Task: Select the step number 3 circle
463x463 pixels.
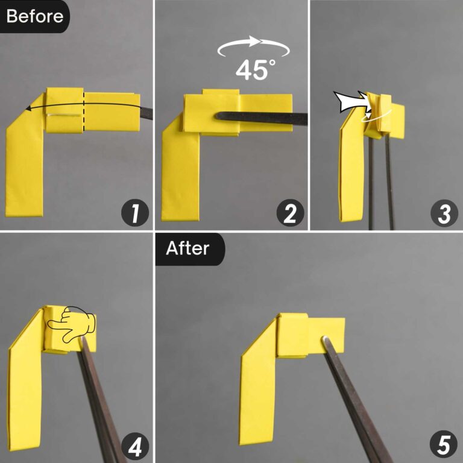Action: click(444, 214)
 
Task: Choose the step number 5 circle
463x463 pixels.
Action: click(444, 446)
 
